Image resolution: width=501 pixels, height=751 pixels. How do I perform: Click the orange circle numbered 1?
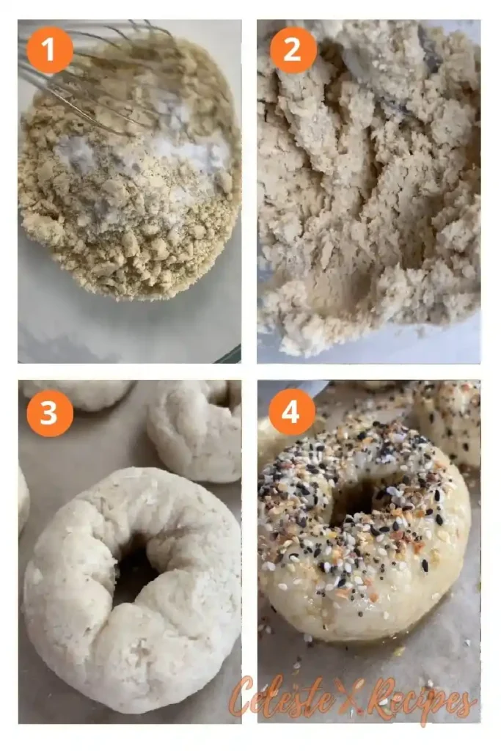point(50,50)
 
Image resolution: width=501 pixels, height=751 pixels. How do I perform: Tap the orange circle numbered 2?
point(293,50)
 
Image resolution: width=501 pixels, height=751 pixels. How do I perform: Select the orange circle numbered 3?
point(50,413)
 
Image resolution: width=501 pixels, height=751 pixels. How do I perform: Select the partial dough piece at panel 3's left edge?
point(23,499)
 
